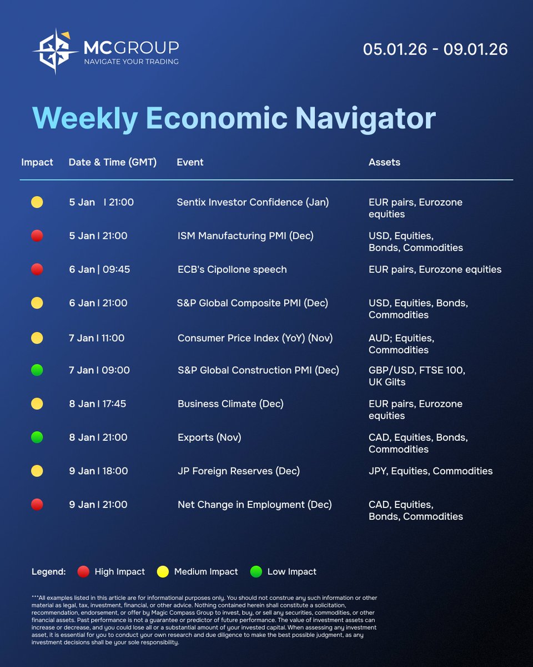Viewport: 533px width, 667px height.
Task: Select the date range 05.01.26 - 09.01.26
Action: pyautogui.click(x=435, y=49)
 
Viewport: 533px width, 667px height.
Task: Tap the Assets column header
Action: pyautogui.click(x=384, y=162)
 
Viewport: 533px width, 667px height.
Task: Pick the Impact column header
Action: pyautogui.click(x=37, y=162)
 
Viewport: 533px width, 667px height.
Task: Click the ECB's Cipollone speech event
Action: pyautogui.click(x=232, y=270)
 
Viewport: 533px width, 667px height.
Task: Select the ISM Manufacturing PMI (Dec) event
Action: pyautogui.click(x=245, y=236)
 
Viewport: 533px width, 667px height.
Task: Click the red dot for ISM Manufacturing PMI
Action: pyautogui.click(x=37, y=236)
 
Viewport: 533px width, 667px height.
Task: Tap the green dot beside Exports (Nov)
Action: pyautogui.click(x=37, y=437)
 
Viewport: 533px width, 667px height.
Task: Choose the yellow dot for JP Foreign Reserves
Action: pyautogui.click(x=37, y=471)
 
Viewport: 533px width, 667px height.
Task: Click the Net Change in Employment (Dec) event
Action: pyautogui.click(x=254, y=505)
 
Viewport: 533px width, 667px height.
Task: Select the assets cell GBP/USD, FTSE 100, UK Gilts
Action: pyautogui.click(x=416, y=376)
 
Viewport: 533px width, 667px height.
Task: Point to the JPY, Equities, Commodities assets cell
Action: pyautogui.click(x=430, y=471)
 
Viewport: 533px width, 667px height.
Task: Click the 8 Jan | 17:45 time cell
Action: pyautogui.click(x=98, y=404)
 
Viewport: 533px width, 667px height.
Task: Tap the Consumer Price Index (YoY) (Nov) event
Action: pyautogui.click(x=255, y=338)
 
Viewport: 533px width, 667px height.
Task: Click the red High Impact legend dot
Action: pyautogui.click(x=83, y=571)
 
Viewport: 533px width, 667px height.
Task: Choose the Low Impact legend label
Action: pyautogui.click(x=291, y=571)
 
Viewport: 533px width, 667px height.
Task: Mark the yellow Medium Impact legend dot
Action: pyautogui.click(x=163, y=571)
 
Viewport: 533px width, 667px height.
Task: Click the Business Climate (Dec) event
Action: pyautogui.click(x=230, y=404)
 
